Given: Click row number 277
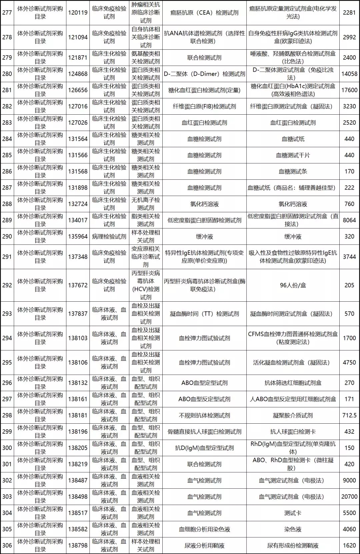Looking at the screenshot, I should [x=7, y=13].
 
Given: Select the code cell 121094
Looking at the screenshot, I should [x=78, y=37].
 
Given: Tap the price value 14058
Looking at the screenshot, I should [x=349, y=74].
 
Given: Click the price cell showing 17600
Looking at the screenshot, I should [x=349, y=90].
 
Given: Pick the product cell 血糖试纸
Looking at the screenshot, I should [x=293, y=139].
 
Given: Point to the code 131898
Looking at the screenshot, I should [x=78, y=188].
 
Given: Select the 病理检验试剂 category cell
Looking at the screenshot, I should [x=109, y=237].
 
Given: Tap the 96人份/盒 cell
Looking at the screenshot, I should [x=293, y=285].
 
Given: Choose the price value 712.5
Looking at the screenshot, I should [x=349, y=415].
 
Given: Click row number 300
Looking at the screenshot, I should [x=7, y=448].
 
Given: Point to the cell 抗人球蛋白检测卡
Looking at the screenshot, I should [x=293, y=432].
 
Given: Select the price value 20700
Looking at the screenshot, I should [x=349, y=497].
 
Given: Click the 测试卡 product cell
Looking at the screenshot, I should [x=293, y=513].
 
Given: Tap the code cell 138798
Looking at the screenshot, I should [x=78, y=546].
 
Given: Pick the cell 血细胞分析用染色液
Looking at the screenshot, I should [x=204, y=529].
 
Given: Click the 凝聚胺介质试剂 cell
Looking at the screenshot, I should [x=293, y=415].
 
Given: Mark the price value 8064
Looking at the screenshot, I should [x=349, y=220].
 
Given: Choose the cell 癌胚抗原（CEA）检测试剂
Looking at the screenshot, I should [x=204, y=13].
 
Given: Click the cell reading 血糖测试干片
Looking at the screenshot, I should [x=293, y=155].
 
